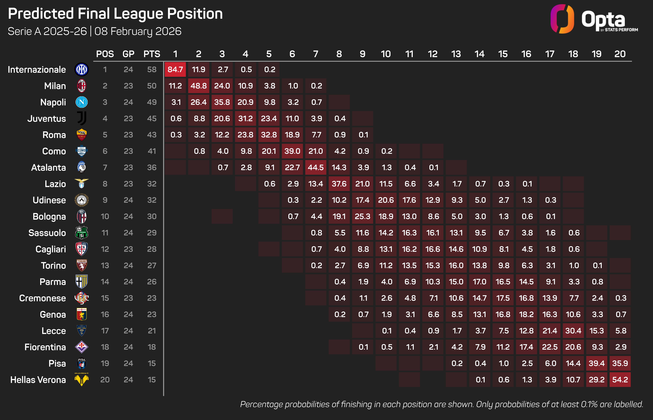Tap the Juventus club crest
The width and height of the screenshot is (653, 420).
pos(81,118)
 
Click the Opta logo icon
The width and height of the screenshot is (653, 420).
pos(562,19)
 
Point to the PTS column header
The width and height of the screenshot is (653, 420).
pos(152,54)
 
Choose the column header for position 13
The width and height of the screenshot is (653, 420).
pos(456,54)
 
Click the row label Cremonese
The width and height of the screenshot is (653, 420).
pos(43,298)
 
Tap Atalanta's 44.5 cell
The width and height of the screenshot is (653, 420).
pos(316,167)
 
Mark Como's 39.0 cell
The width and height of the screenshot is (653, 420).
pos(292,151)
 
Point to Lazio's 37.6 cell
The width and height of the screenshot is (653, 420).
pos(339,184)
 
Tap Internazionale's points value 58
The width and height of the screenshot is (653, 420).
pos(152,70)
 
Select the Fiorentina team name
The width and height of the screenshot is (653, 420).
pos(45,347)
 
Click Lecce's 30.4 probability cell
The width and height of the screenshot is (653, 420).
pos(573,331)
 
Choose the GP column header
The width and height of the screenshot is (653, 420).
pos(128,54)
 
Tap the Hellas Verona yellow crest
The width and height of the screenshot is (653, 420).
pos(81,380)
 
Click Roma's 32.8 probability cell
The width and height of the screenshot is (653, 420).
pos(269,135)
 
